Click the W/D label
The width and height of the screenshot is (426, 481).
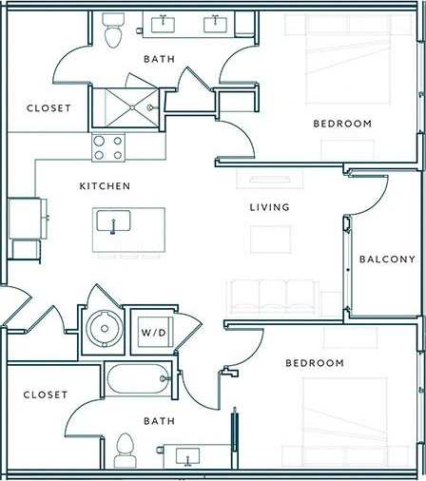click(x=152, y=333)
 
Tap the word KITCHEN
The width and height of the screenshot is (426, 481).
click(x=105, y=185)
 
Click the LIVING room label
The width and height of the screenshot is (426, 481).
click(x=269, y=207)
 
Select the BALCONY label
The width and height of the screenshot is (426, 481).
click(x=387, y=260)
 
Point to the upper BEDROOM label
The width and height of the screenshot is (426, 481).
click(x=342, y=124)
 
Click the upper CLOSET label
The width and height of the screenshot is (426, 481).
click(x=48, y=108)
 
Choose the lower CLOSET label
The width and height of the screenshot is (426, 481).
click(x=46, y=394)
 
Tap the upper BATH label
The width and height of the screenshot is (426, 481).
click(x=159, y=60)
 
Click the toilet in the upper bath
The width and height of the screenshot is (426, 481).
click(x=114, y=32)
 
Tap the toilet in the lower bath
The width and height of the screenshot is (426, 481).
click(x=125, y=449)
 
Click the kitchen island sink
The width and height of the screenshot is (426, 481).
click(x=114, y=223)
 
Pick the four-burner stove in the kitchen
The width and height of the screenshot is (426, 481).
click(x=108, y=146)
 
